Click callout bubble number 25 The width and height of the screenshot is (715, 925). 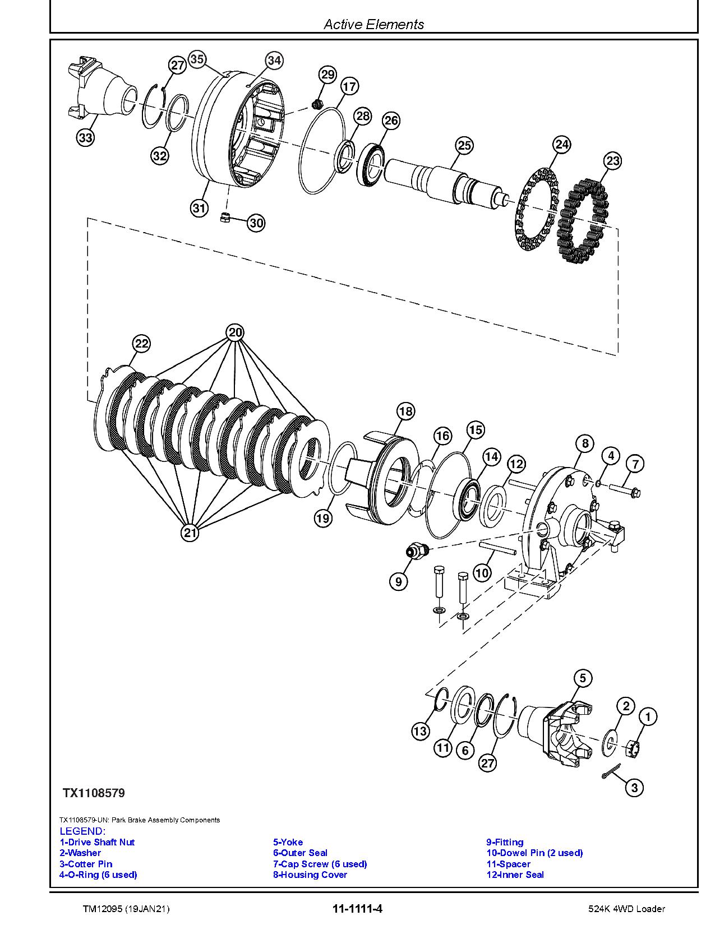click(464, 146)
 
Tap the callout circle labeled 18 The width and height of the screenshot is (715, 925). click(405, 411)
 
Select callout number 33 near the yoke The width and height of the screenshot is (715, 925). click(85, 138)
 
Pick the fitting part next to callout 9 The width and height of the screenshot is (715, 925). click(417, 551)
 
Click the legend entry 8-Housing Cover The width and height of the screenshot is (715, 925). click(310, 875)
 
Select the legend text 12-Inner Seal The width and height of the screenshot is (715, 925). click(515, 875)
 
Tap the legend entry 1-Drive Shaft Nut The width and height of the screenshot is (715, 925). click(97, 842)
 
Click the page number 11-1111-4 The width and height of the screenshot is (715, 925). click(357, 908)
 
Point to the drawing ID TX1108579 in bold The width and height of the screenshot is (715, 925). click(94, 793)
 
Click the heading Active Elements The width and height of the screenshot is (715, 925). click(374, 24)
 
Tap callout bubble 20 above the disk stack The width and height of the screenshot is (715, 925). click(236, 332)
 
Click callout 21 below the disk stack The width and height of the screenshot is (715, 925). click(190, 532)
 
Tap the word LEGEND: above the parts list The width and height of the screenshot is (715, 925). click(82, 831)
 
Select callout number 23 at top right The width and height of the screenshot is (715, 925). click(612, 161)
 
